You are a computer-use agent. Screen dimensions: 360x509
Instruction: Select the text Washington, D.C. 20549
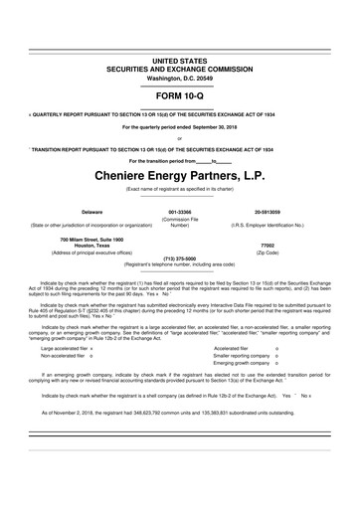click(x=180, y=79)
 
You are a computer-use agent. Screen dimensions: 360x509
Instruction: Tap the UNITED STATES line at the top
click(x=180, y=61)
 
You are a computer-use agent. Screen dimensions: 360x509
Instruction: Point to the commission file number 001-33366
click(x=180, y=212)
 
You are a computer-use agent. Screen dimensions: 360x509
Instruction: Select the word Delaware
click(x=65, y=212)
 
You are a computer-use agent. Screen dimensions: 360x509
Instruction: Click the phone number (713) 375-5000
click(x=180, y=258)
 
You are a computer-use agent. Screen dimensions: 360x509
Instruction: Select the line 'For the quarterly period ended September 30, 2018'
click(x=180, y=127)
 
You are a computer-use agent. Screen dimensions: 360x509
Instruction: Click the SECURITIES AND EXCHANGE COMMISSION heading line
click(x=180, y=70)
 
